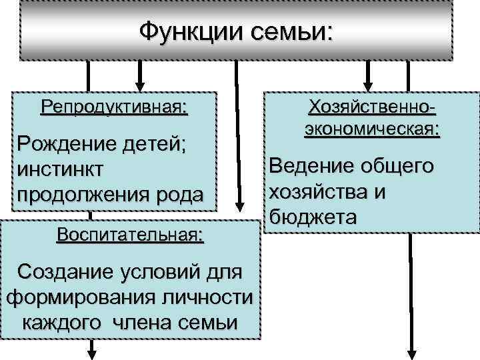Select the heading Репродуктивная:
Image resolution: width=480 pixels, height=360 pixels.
(114, 107)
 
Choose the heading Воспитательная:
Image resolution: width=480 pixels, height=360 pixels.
(131, 235)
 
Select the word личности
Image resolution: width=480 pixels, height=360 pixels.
(206, 297)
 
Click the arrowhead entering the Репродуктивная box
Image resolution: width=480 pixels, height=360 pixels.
(139, 85)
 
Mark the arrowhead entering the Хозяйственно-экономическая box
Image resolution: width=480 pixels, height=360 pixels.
(366, 85)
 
